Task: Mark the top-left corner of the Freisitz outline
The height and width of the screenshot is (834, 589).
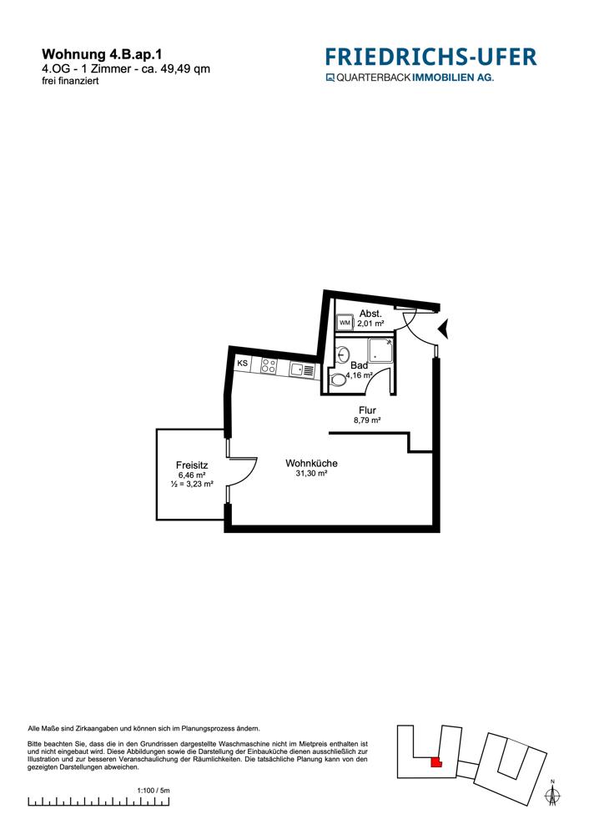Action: tap(157, 430)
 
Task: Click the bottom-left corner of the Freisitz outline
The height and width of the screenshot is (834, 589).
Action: tap(157, 520)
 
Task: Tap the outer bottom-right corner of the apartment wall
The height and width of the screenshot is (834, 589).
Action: tap(440, 532)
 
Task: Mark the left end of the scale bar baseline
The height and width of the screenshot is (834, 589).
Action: tap(28, 806)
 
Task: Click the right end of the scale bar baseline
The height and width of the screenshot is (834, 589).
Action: tap(169, 806)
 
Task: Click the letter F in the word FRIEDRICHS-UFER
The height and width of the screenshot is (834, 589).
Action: tap(331, 57)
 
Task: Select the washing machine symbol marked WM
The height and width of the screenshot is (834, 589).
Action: tap(345, 322)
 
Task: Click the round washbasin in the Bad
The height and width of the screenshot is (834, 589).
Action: tap(343, 354)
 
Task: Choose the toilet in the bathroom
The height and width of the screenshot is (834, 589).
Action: tap(337, 379)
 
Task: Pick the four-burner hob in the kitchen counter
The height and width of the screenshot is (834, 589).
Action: tap(269, 366)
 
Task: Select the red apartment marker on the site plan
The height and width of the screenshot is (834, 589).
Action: tap(435, 762)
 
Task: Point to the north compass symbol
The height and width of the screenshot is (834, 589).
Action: tap(553, 793)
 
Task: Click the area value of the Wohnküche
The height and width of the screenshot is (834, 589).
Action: tap(311, 474)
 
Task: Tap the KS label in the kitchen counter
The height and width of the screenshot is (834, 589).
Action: tap(242, 364)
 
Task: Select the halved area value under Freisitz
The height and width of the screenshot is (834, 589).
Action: tap(192, 484)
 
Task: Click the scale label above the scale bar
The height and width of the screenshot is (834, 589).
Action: tap(154, 791)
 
